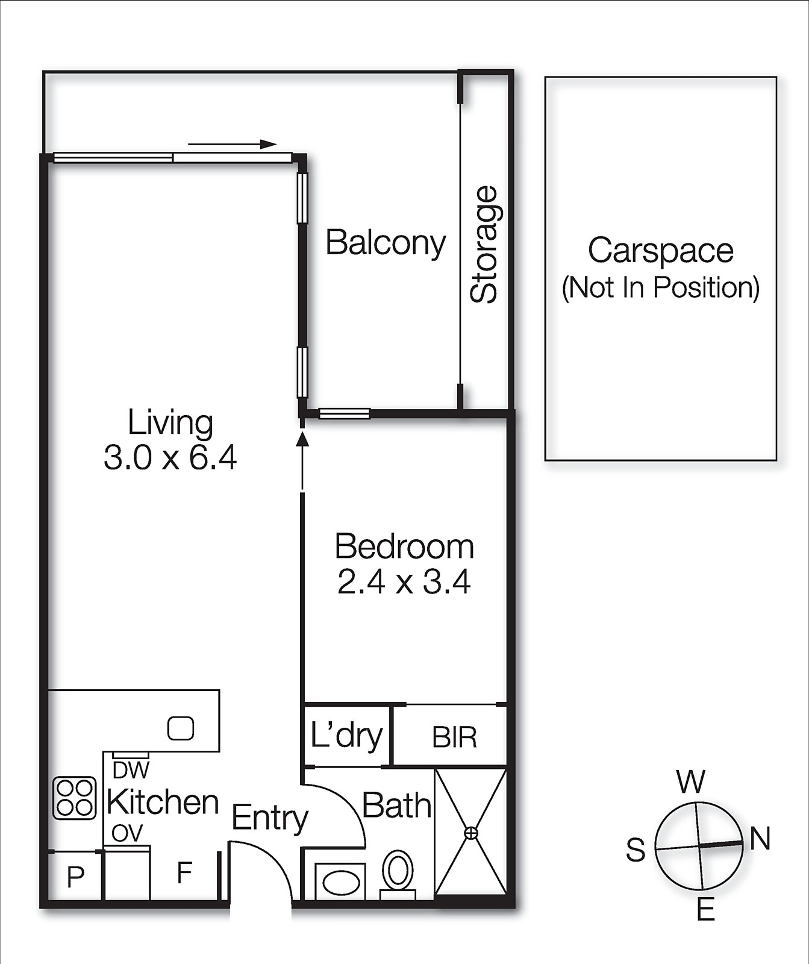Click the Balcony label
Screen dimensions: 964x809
pyautogui.click(x=386, y=243)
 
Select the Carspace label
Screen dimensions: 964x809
pyautogui.click(x=660, y=251)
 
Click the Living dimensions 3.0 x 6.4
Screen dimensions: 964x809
pyautogui.click(x=170, y=457)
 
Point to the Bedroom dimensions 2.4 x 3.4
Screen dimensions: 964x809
pyautogui.click(x=404, y=582)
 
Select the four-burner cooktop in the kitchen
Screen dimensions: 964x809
pyautogui.click(x=75, y=798)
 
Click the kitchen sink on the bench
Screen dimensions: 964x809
pyautogui.click(x=180, y=728)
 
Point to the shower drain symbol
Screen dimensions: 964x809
pyautogui.click(x=471, y=833)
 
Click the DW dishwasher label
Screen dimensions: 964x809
pyautogui.click(x=131, y=770)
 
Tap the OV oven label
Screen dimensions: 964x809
pyautogui.click(x=127, y=833)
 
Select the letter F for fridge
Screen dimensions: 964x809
pyautogui.click(x=184, y=872)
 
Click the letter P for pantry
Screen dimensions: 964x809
pyautogui.click(x=75, y=877)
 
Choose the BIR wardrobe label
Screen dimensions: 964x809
pyautogui.click(x=454, y=737)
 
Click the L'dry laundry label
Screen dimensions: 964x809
pyautogui.click(x=346, y=736)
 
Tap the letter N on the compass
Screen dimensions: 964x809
pyautogui.click(x=760, y=839)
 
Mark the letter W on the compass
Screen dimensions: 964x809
pyautogui.click(x=690, y=782)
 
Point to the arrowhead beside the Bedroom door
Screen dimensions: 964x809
pyautogui.click(x=302, y=438)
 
